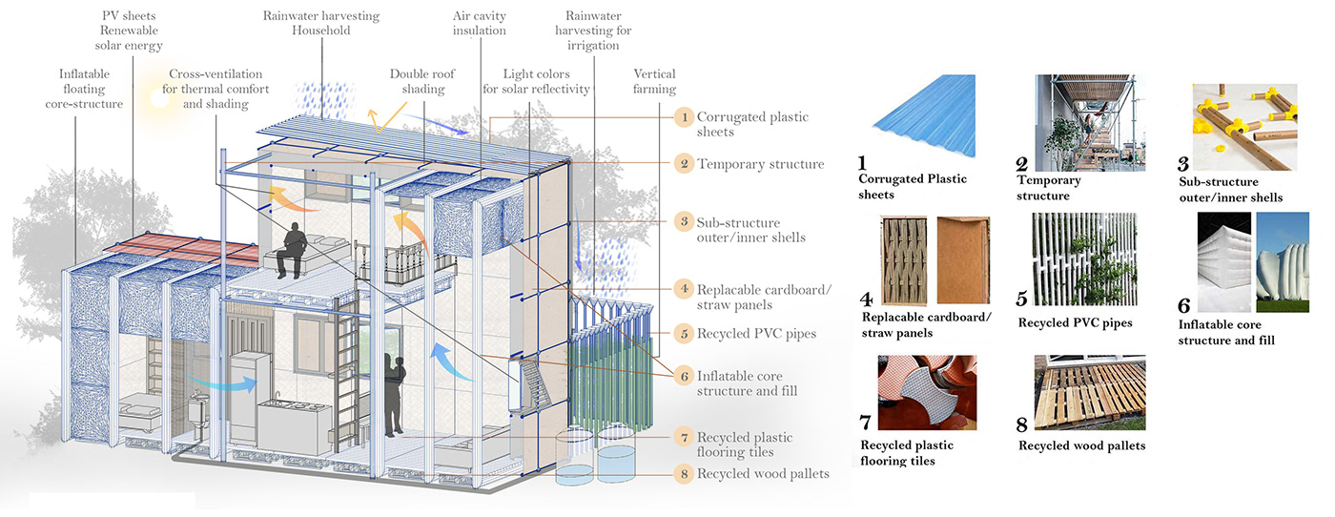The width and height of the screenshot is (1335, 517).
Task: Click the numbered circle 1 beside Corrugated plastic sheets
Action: pyautogui.click(x=683, y=117)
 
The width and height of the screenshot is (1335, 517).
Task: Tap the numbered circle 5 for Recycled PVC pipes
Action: pyautogui.click(x=683, y=334)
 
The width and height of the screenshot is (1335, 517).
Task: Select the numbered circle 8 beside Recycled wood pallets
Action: pyautogui.click(x=683, y=473)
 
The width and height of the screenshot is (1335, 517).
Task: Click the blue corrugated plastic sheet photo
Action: pyautogui.click(x=923, y=116)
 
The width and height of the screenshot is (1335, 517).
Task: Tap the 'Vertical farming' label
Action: pyautogui.click(x=654, y=81)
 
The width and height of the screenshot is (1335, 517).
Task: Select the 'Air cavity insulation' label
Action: pyautogui.click(x=480, y=24)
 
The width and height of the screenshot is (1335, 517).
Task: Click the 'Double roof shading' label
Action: pyautogui.click(x=418, y=81)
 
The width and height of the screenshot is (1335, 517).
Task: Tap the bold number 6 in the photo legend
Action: pyautogui.click(x=1183, y=305)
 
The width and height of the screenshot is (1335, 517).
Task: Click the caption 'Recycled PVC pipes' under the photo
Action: pyautogui.click(x=1075, y=322)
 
